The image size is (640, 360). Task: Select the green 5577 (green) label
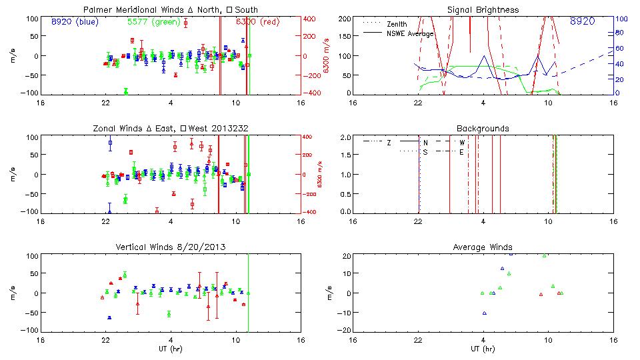(153, 22)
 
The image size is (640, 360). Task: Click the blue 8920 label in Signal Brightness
(582, 22)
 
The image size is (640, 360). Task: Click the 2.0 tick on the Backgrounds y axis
(344, 137)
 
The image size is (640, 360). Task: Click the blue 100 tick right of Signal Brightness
(619, 19)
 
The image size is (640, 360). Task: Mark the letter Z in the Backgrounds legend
(389, 142)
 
